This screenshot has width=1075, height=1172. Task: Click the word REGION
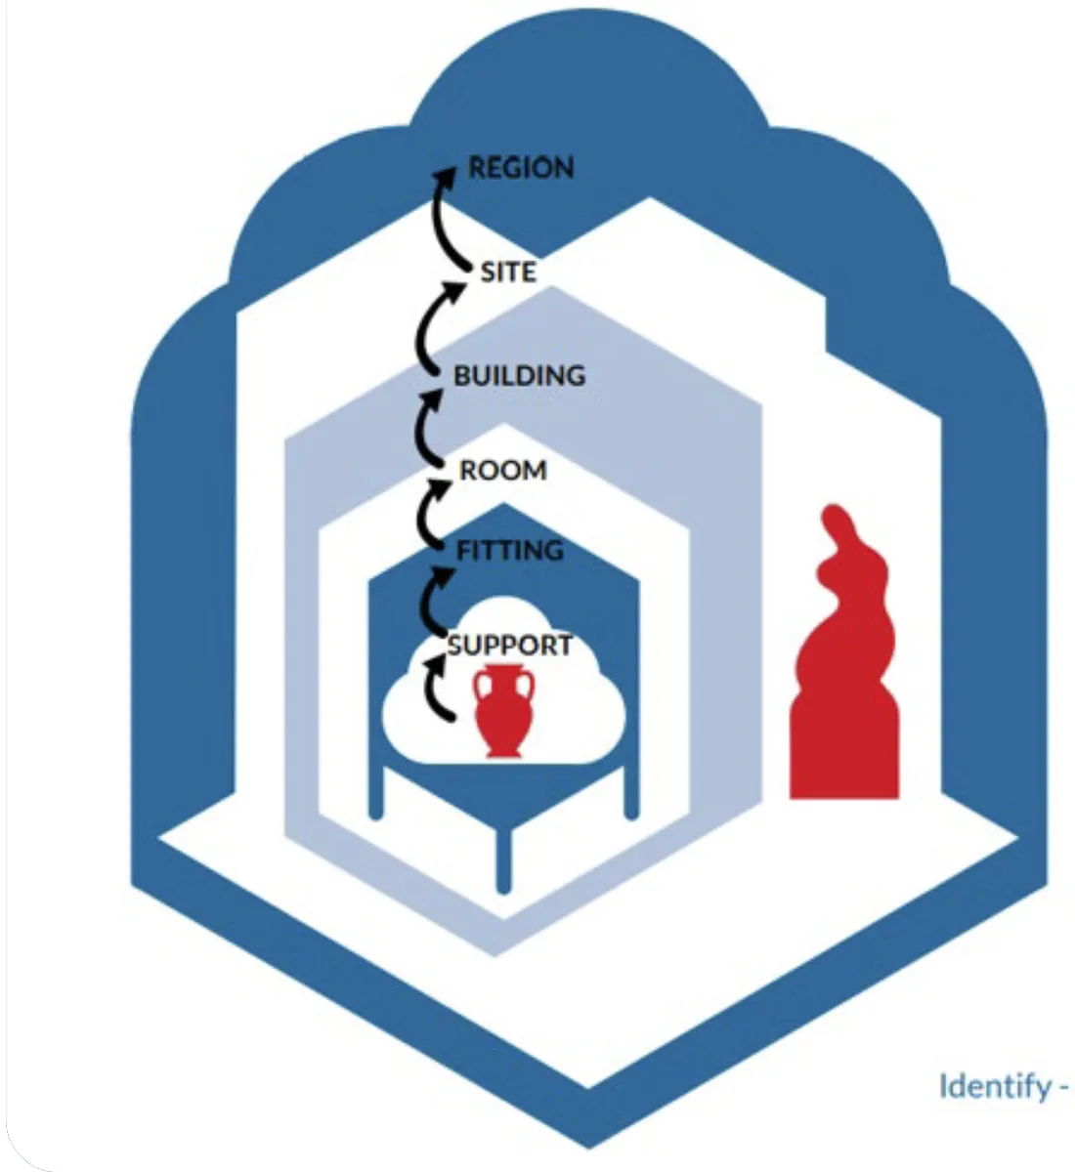tap(521, 168)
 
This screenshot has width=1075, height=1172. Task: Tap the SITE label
tap(507, 272)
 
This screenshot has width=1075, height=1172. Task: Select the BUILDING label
tap(519, 375)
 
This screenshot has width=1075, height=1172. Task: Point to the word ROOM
tap(503, 471)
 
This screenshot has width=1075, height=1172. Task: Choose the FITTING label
tap(509, 551)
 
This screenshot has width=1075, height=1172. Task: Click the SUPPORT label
tap(509, 646)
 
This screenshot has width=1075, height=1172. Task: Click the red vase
tap(503, 710)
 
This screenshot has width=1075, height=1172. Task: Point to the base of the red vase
tap(503, 750)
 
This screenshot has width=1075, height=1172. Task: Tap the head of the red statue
tap(837, 523)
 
